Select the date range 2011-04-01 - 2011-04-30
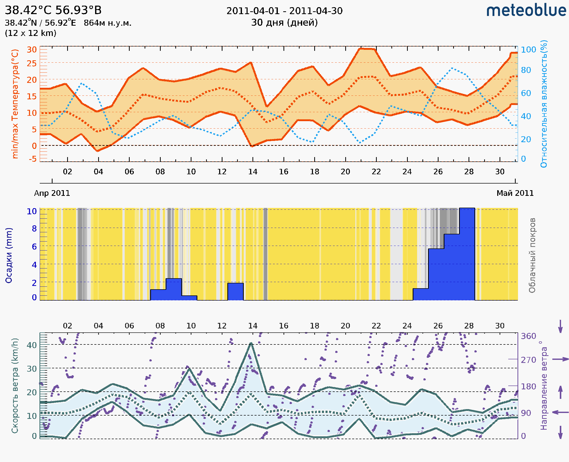click(284, 11)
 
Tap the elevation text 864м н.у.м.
click(108, 23)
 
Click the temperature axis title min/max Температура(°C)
click(15, 104)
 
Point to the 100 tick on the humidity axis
click(528, 50)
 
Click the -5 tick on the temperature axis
click(33, 159)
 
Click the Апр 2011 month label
click(52, 193)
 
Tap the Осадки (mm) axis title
click(9, 255)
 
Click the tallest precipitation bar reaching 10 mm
click(467, 254)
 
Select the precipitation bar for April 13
click(236, 292)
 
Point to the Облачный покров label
click(532, 255)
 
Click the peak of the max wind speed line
click(251, 343)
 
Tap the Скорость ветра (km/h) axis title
click(15, 386)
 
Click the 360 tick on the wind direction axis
click(528, 336)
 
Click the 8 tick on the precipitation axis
click(34, 228)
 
